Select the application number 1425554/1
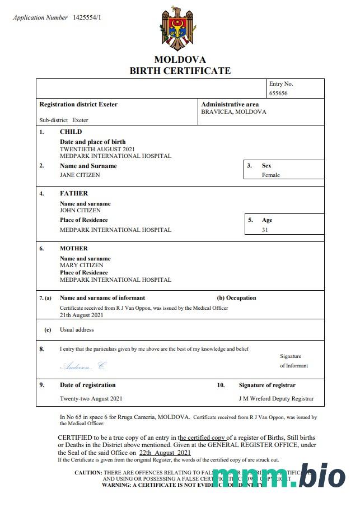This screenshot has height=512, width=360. [x=87, y=18]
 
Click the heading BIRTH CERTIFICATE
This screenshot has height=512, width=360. [x=180, y=71]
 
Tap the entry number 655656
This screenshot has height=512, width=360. [x=278, y=93]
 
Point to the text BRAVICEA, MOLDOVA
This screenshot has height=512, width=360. [x=233, y=112]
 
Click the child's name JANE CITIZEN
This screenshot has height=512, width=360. [x=80, y=175]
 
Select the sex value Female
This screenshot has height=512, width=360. [x=271, y=175]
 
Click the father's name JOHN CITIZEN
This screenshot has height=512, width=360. [x=81, y=210]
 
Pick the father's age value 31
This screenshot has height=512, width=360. [x=265, y=230]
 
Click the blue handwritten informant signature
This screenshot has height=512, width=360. [x=82, y=366]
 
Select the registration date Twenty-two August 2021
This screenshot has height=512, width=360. [x=91, y=399]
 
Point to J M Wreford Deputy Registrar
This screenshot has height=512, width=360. [x=276, y=399]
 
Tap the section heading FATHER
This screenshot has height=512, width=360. [x=74, y=193]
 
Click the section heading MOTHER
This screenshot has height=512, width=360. [x=74, y=248]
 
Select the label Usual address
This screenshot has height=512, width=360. [x=77, y=330]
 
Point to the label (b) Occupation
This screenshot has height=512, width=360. [x=236, y=298]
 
